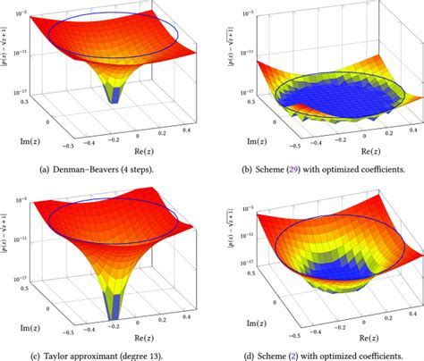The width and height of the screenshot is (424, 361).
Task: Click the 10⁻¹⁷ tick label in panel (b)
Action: coord(247,89)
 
